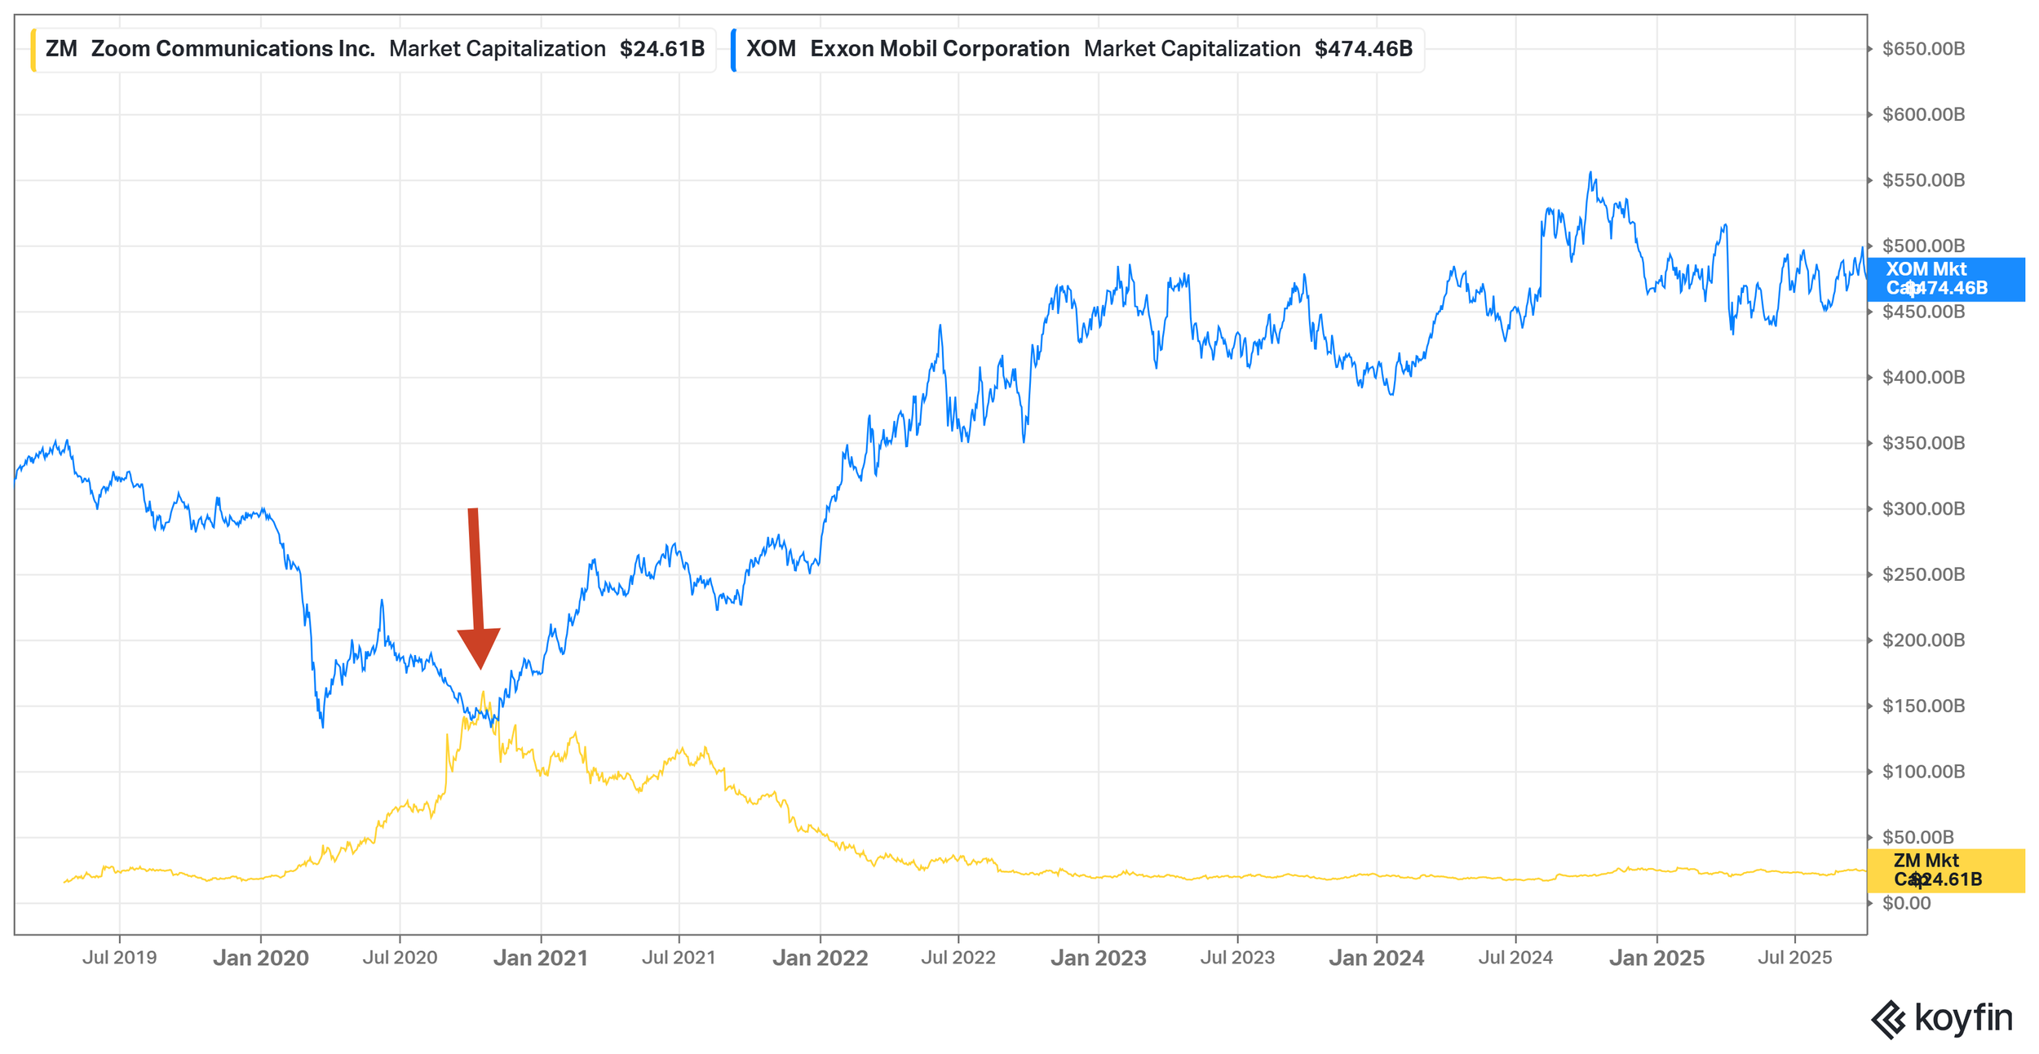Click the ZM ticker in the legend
(x=61, y=49)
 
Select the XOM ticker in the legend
(x=771, y=49)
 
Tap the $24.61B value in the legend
(x=661, y=49)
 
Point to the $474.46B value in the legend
(x=1363, y=49)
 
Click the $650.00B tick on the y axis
(x=1923, y=49)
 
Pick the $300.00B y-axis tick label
(x=1923, y=509)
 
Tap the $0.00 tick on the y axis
(x=1906, y=903)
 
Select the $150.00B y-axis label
(x=1923, y=706)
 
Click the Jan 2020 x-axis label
(x=261, y=958)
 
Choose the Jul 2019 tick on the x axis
(x=120, y=958)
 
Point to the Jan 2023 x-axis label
(x=1098, y=958)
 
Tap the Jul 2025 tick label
(x=1794, y=958)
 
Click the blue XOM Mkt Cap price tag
(x=1945, y=279)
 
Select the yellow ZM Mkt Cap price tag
(x=1945, y=870)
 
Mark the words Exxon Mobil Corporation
(x=940, y=49)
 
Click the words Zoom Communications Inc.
(x=233, y=49)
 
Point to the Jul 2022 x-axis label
(x=958, y=958)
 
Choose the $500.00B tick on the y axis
(x=1923, y=246)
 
